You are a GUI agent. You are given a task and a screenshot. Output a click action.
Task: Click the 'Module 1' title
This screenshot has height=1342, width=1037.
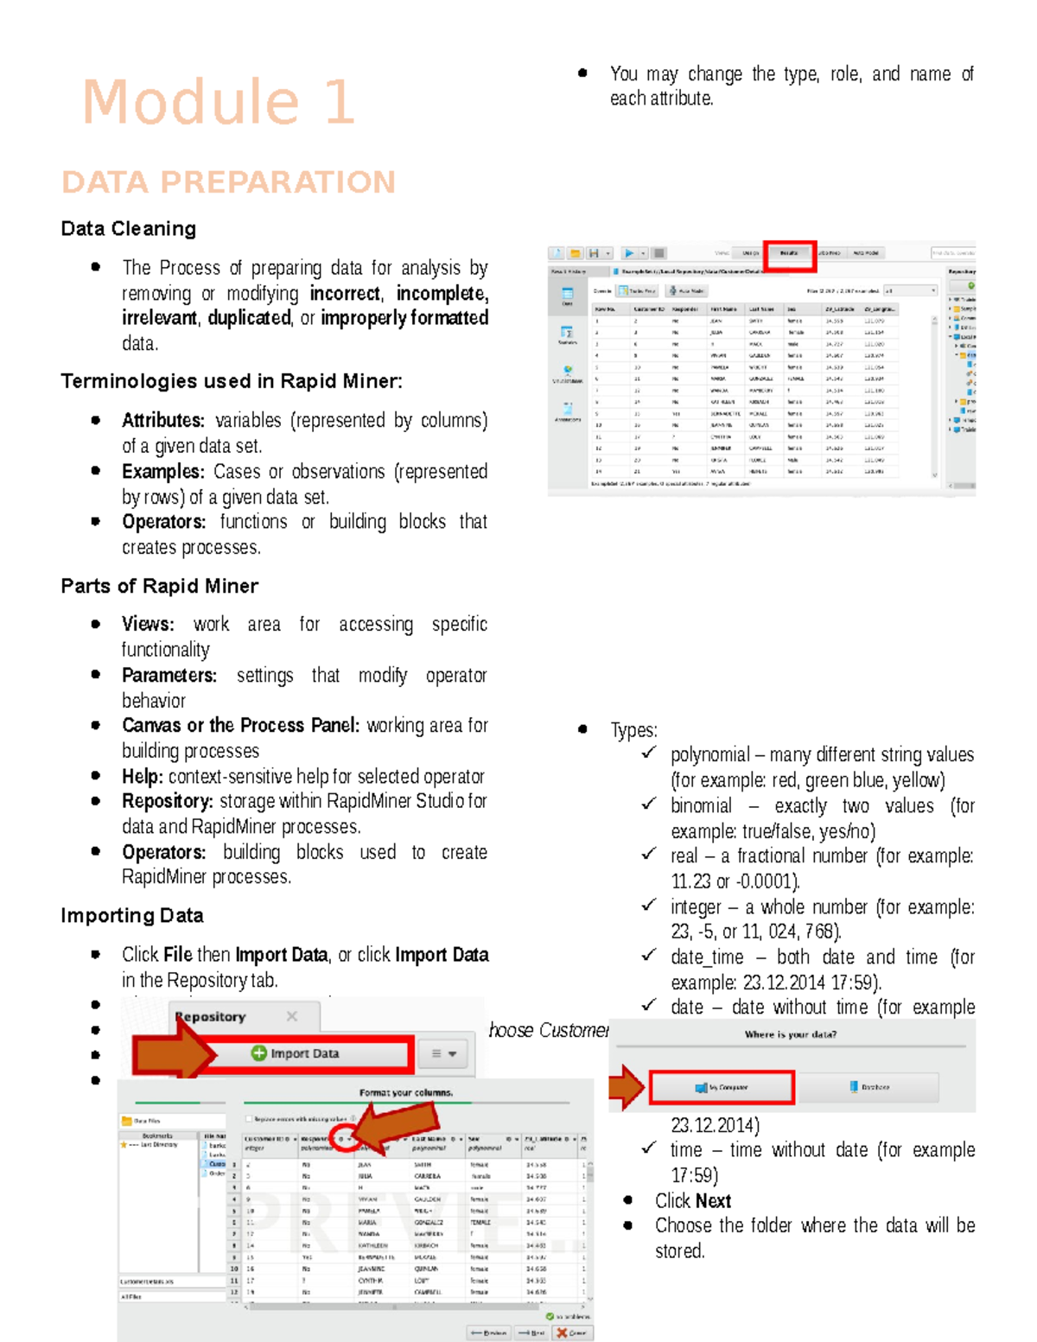click(x=218, y=102)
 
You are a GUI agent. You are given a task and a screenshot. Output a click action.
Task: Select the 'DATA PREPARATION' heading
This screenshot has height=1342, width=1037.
click(x=228, y=182)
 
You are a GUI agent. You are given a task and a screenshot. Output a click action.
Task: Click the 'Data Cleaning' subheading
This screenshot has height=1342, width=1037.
click(x=129, y=228)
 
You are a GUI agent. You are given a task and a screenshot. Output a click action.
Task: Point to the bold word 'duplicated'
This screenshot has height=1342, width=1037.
click(x=249, y=318)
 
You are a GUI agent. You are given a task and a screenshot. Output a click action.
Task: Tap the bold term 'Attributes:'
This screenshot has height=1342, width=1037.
click(x=163, y=421)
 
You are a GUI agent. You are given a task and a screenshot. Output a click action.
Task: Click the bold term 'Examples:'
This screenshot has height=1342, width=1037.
click(x=163, y=472)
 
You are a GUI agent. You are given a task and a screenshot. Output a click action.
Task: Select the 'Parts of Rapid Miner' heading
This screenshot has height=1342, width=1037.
click(x=160, y=586)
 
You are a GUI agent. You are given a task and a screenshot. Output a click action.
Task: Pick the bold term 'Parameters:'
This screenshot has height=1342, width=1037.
click(x=169, y=675)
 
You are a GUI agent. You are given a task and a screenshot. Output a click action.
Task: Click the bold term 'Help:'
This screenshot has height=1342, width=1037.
click(x=143, y=776)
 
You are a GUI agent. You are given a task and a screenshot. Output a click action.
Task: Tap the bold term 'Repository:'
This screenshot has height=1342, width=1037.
click(x=168, y=801)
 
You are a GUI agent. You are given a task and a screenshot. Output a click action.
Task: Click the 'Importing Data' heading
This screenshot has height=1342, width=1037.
click(x=132, y=915)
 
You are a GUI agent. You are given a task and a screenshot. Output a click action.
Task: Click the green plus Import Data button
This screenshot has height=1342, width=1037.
click(x=296, y=1053)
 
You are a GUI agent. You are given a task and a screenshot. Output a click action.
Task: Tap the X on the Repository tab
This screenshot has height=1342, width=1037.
click(x=292, y=1016)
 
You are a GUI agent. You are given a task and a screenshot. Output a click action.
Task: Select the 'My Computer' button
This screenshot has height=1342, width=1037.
click(x=722, y=1087)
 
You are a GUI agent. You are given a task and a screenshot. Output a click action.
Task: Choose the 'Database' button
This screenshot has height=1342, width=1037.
click(x=869, y=1087)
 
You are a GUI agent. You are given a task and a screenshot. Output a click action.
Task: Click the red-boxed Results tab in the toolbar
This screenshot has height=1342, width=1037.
click(x=790, y=254)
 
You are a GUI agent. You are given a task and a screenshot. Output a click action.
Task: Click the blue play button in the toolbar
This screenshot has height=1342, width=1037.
click(x=629, y=253)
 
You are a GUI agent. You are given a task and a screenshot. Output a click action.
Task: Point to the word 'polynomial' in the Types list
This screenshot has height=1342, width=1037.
click(x=710, y=755)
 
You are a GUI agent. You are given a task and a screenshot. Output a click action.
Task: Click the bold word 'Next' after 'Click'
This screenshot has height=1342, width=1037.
click(x=713, y=1201)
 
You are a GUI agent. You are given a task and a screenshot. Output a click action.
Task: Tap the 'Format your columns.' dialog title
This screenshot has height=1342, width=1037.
click(x=406, y=1093)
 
